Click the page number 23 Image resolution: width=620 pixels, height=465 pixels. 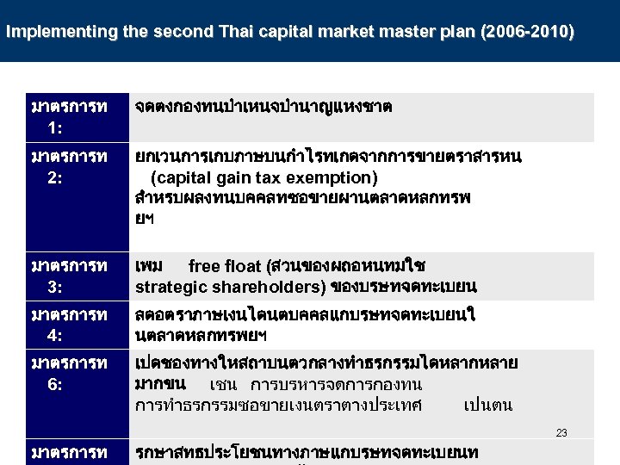pyautogui.click(x=561, y=433)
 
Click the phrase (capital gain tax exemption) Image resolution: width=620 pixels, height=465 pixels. pyautogui.click(x=263, y=178)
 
